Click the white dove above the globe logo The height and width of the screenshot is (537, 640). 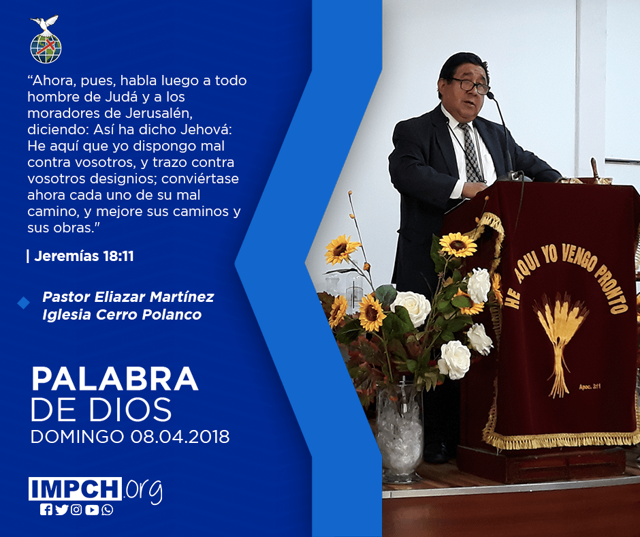tap(44, 23)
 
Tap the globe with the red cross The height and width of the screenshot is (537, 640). tap(46, 48)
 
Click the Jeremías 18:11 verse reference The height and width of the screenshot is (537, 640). tap(84, 256)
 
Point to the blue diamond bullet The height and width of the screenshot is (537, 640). tap(24, 303)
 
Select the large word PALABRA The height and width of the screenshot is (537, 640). tap(114, 380)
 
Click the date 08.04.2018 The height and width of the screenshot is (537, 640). tap(180, 437)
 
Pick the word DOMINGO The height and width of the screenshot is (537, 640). tap(78, 437)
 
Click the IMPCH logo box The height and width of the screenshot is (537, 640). tap(75, 489)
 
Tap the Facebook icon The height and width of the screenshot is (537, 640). tap(46, 510)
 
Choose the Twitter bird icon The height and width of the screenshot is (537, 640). tap(61, 510)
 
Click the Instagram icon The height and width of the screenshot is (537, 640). tap(76, 510)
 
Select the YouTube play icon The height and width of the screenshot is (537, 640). tap(92, 510)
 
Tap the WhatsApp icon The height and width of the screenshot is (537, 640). tap(108, 510)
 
